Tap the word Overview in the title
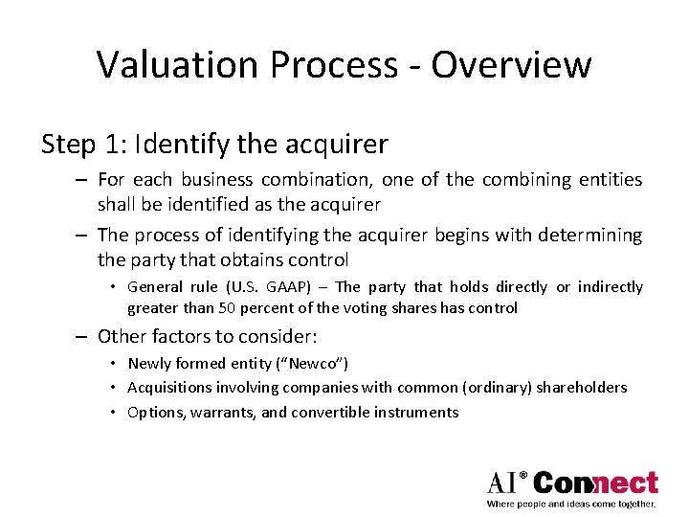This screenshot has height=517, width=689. pos(511,65)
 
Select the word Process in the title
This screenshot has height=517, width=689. pos(343,65)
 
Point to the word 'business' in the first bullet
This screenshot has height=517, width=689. pos(216,180)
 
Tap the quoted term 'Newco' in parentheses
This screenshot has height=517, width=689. pos(318,364)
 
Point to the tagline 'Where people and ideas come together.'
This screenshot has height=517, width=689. pos(571,504)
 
